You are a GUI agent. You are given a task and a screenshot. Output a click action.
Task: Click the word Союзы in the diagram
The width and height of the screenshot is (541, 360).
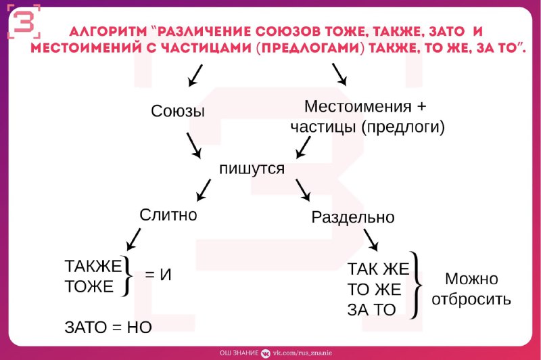click(178, 111)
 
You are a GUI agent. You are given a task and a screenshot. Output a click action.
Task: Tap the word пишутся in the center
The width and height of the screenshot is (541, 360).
click(252, 168)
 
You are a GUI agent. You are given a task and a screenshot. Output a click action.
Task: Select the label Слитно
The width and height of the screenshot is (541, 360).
click(168, 215)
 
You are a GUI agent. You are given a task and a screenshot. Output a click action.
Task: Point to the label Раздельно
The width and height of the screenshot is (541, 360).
click(352, 217)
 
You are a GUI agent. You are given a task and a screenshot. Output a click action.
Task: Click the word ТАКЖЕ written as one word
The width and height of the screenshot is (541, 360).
click(93, 266)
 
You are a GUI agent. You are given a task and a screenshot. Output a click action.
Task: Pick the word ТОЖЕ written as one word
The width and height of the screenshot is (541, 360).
click(89, 286)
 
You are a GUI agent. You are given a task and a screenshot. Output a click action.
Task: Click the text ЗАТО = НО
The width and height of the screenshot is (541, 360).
click(108, 328)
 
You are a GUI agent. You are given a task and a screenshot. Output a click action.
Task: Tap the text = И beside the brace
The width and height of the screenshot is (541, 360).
click(158, 275)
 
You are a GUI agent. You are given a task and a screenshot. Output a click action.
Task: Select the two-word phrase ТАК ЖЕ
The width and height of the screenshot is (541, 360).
click(378, 269)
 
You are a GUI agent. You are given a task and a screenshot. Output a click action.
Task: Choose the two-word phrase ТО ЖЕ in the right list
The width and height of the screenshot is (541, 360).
click(375, 289)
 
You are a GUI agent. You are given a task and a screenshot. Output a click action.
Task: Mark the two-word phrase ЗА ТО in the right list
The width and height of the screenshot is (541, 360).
click(371, 310)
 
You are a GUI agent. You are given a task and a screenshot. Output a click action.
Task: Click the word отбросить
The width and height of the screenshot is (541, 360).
click(471, 299)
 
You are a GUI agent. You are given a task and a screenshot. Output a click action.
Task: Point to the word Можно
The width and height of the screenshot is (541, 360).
click(471, 279)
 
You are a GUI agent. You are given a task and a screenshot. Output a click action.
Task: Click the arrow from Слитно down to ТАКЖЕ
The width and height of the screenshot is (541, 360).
click(133, 239)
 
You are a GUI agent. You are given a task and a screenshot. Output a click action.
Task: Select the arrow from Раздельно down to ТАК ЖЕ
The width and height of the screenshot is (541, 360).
click(371, 240)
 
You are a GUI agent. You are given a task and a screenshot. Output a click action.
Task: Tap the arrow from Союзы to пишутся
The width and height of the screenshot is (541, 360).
click(194, 145)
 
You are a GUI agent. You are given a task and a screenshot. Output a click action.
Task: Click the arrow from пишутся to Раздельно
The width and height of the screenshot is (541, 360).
click(302, 190)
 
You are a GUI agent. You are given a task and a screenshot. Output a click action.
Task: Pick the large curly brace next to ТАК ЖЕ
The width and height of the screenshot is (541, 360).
click(416, 285)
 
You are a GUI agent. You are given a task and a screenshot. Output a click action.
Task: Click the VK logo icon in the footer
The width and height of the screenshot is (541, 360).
click(265, 353)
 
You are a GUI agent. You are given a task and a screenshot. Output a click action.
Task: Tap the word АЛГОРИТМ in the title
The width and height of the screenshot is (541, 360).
click(108, 32)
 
